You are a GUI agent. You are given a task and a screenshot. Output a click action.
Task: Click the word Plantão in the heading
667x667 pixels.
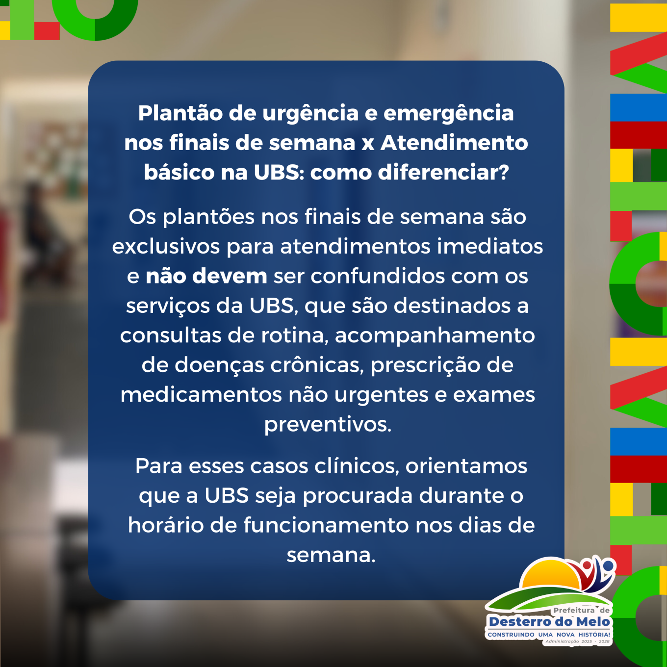(180, 113)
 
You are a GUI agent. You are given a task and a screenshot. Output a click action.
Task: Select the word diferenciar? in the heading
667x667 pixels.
(443, 172)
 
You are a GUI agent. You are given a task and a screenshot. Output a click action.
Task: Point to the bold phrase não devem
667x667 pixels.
(206, 276)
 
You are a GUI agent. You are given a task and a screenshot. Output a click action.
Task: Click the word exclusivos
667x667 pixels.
(166, 247)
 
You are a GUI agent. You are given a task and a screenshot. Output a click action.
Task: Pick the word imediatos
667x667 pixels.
(489, 247)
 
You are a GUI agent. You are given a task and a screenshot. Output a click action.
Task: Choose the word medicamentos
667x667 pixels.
(201, 395)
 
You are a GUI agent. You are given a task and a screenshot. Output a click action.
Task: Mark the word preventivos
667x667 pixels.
(328, 425)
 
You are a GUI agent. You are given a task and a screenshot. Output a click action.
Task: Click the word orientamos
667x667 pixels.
(466, 466)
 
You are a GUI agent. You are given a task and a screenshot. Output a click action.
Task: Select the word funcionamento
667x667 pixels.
(327, 525)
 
